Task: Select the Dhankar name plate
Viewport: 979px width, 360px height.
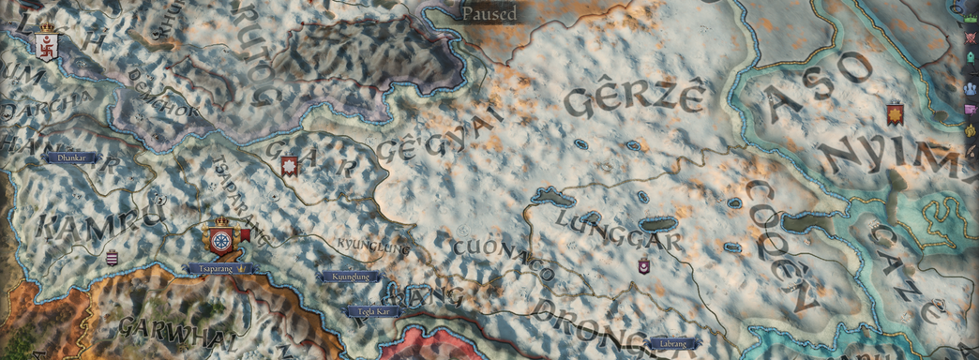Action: pyautogui.click(x=71, y=158)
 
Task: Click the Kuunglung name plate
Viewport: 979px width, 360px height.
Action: pyautogui.click(x=349, y=277)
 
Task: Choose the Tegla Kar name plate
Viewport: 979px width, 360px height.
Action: pyautogui.click(x=374, y=310)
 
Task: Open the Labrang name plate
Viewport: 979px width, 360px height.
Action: pyautogui.click(x=672, y=343)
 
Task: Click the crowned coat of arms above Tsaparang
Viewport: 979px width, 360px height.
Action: pyautogui.click(x=222, y=239)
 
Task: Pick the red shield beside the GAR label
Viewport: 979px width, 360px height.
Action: pyautogui.click(x=290, y=167)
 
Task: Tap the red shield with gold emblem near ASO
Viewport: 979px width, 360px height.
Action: pyautogui.click(x=895, y=114)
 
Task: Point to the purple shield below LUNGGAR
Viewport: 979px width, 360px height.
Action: pyautogui.click(x=644, y=267)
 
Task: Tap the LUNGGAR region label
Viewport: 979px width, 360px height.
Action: pyautogui.click(x=619, y=231)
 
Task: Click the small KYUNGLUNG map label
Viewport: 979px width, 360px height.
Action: pyautogui.click(x=373, y=247)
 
